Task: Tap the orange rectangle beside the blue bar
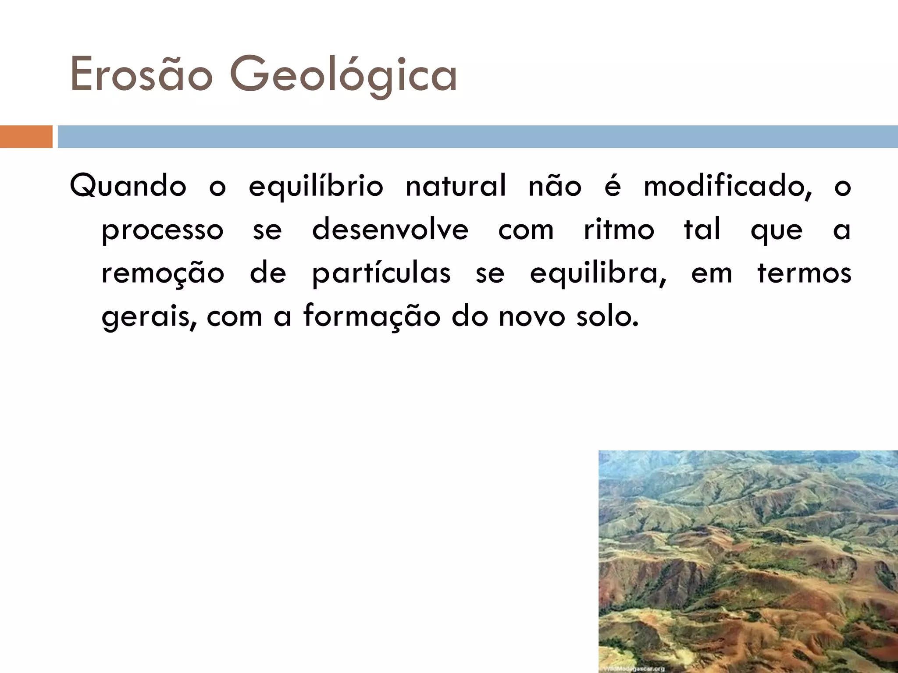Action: coord(26,136)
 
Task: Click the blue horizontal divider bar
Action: coord(478,136)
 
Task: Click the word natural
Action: coord(456,186)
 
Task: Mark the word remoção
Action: coord(163,273)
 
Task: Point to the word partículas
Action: coord(381,273)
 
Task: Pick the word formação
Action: coord(371,316)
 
